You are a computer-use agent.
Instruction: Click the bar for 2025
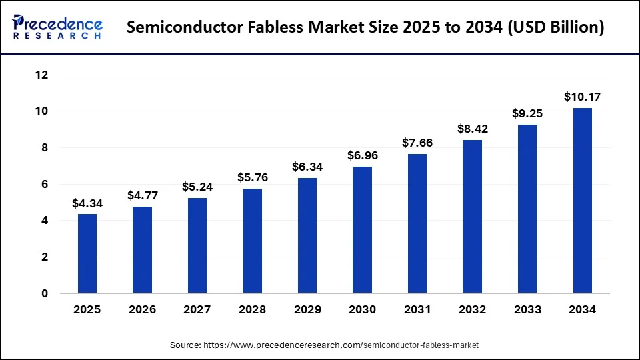click(87, 253)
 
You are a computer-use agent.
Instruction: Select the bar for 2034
click(582, 200)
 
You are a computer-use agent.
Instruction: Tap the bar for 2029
click(307, 235)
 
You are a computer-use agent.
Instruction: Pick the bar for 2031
click(417, 223)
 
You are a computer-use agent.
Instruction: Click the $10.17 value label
click(582, 97)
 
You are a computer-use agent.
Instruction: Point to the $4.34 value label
click(87, 203)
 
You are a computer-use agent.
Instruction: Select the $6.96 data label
click(362, 155)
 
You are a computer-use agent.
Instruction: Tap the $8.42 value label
click(472, 129)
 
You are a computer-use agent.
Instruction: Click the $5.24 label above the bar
click(197, 187)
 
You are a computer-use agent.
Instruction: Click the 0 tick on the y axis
click(45, 293)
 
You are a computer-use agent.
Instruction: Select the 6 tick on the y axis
click(45, 184)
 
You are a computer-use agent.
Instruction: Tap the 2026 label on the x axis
click(142, 309)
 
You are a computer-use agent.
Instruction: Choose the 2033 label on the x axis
click(527, 309)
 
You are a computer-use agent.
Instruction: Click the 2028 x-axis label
click(252, 309)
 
